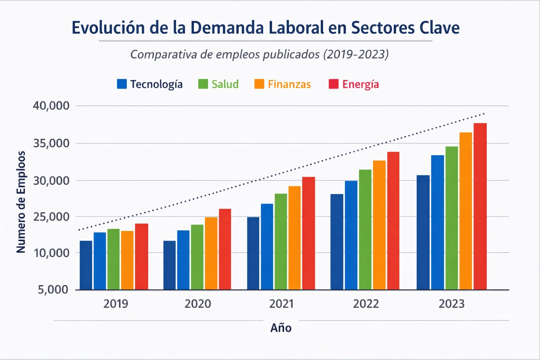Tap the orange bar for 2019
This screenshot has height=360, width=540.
point(127,260)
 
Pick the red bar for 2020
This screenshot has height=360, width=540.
point(225,249)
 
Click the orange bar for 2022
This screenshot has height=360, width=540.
point(379,225)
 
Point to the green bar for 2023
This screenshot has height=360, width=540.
point(451,218)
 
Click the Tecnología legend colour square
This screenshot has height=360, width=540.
point(122,84)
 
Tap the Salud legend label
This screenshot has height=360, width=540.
point(225,84)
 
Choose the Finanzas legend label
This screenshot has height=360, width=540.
point(289,84)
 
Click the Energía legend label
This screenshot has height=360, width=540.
point(360,84)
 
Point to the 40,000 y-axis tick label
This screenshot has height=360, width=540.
point(51,105)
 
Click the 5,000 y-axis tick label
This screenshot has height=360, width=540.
point(53,290)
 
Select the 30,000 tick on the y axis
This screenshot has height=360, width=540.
point(51,181)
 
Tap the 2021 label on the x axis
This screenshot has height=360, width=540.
point(281,304)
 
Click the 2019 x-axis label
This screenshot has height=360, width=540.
point(116,304)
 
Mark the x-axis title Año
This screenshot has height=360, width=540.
point(281,328)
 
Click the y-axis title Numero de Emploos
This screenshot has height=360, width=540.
point(21,202)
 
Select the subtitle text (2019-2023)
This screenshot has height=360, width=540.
point(355,54)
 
